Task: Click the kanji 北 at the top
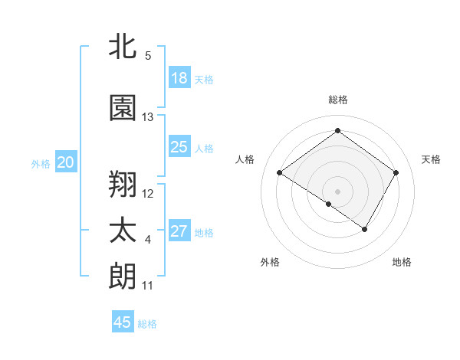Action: (123, 46)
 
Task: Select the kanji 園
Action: (123, 108)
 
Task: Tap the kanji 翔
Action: (123, 184)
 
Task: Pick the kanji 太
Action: (123, 231)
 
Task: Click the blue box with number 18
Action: (179, 78)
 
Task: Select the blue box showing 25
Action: (179, 147)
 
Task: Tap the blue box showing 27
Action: (179, 231)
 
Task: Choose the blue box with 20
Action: (66, 162)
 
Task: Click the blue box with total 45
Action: (123, 322)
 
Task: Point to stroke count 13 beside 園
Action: (148, 117)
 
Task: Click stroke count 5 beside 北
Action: (148, 56)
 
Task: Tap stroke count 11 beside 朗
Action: (148, 286)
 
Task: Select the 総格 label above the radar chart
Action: (337, 100)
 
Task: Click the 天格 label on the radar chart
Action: (431, 159)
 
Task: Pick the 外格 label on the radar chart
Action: (270, 262)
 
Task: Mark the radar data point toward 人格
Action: (280, 173)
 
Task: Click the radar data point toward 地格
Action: (365, 229)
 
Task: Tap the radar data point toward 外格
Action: (329, 204)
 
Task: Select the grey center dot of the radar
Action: (337, 191)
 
